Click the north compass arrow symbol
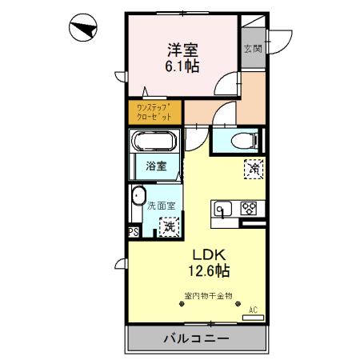[x=82, y=30]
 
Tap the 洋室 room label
[x=182, y=49]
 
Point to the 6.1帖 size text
[x=182, y=67]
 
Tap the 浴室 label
[x=156, y=166]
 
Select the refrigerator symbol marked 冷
[x=254, y=169]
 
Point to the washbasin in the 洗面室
[x=138, y=196]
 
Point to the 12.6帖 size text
[x=206, y=272]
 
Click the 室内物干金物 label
[x=207, y=295]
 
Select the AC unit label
[x=254, y=309]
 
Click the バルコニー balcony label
[x=197, y=338]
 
